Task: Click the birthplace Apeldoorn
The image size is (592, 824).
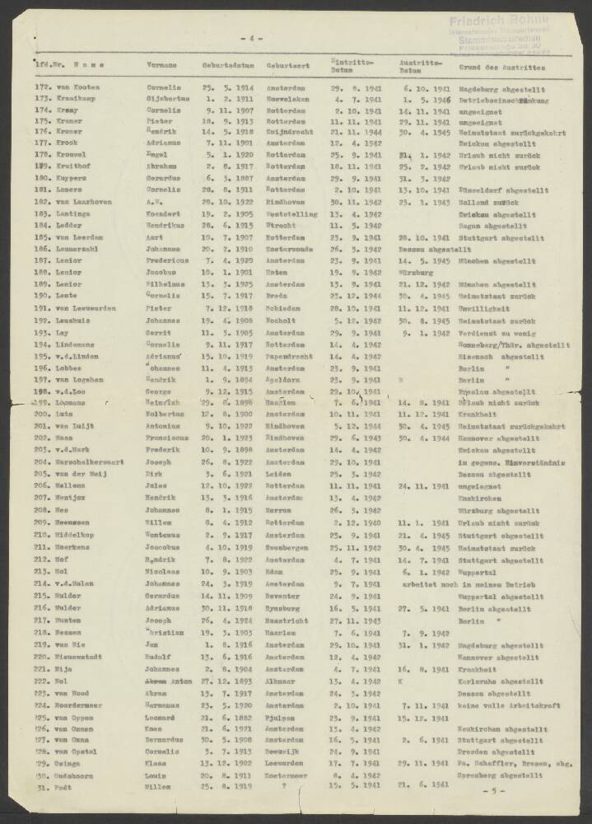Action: click(x=283, y=380)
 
